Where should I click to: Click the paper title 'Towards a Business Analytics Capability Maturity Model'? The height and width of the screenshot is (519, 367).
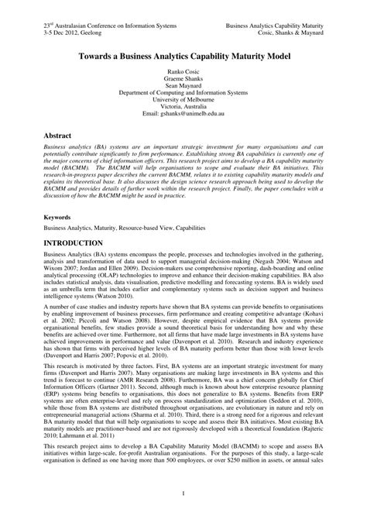(x=183, y=58)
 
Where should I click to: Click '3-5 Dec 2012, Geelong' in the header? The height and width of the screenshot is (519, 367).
(x=77, y=34)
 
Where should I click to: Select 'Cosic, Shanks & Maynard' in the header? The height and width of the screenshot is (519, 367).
(x=289, y=34)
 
